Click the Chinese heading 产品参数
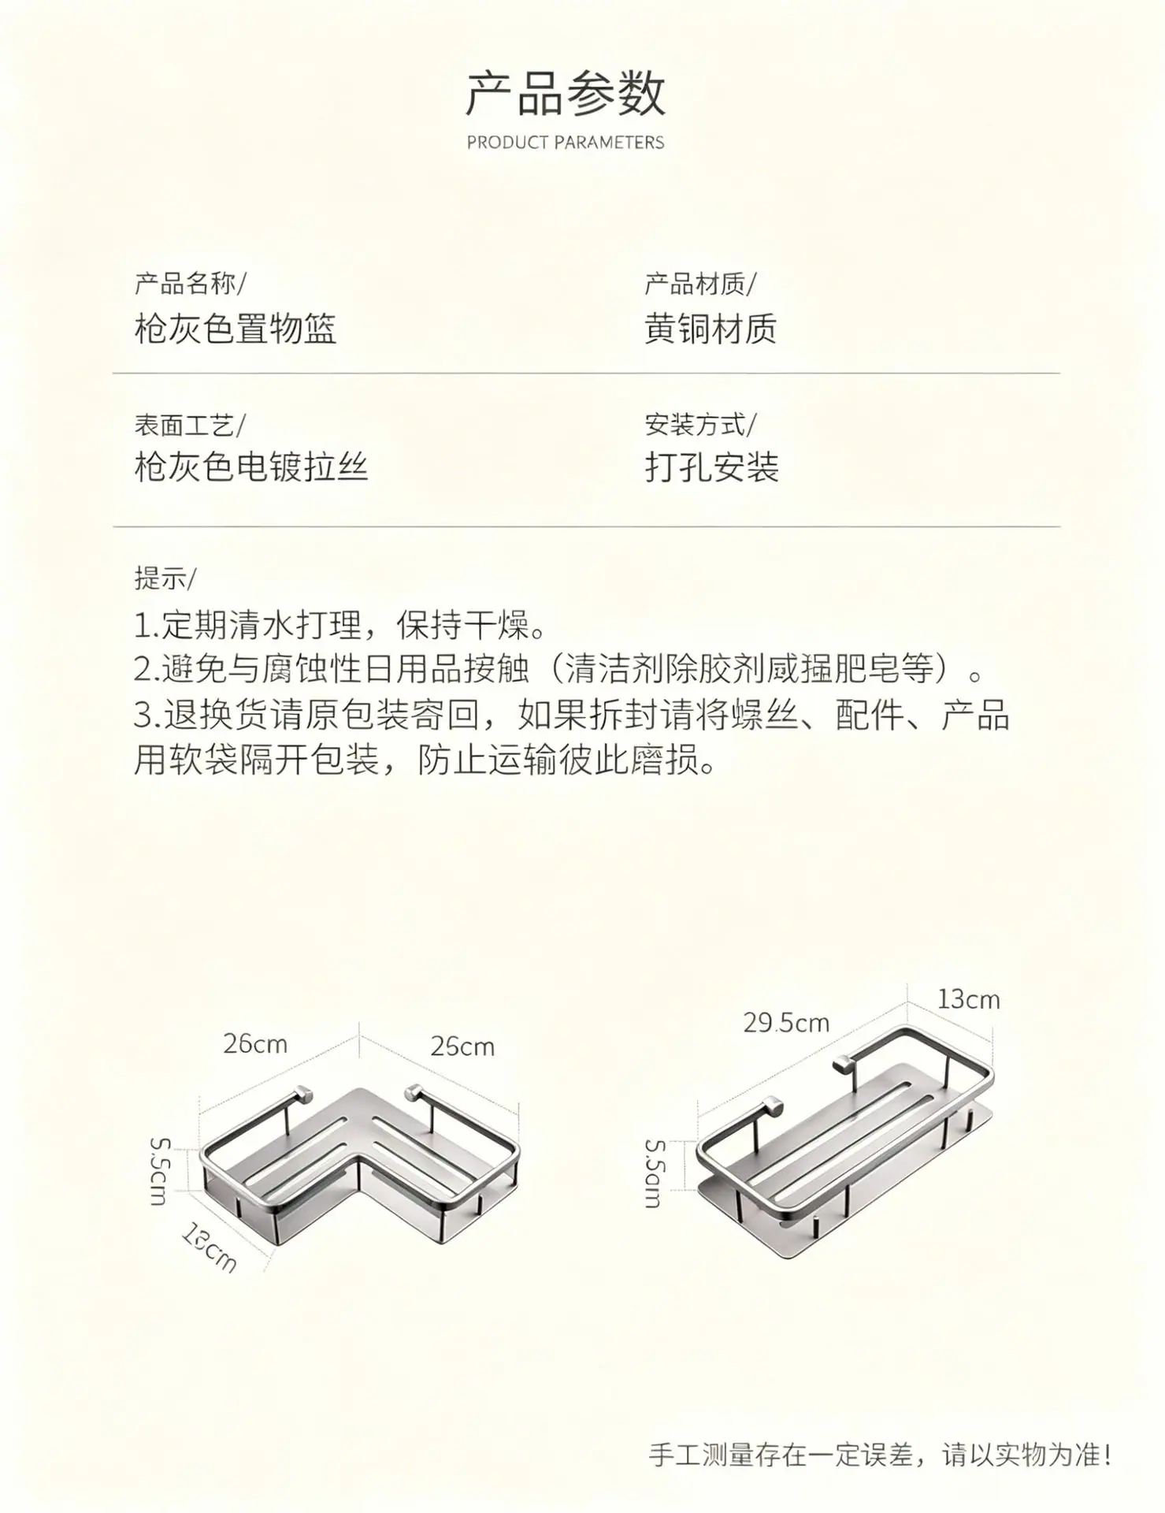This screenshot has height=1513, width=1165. click(566, 94)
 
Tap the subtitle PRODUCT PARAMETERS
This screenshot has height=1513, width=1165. click(566, 143)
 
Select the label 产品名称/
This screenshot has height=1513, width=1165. click(190, 283)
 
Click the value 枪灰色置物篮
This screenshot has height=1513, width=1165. click(236, 329)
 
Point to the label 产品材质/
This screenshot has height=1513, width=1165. click(700, 283)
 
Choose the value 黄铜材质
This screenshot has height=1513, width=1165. click(711, 329)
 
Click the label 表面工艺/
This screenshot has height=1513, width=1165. click(190, 425)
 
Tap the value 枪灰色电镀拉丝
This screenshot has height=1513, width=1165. click(251, 467)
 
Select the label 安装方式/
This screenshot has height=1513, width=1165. click(700, 425)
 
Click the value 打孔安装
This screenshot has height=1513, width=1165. click(711, 467)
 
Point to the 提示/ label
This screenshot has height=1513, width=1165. click(165, 578)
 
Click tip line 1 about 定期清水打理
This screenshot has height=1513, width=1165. click(339, 626)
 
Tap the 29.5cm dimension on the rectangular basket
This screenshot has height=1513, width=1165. click(786, 1023)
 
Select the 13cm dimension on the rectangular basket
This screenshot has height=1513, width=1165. click(968, 999)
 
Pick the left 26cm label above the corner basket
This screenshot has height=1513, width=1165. click(255, 1044)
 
